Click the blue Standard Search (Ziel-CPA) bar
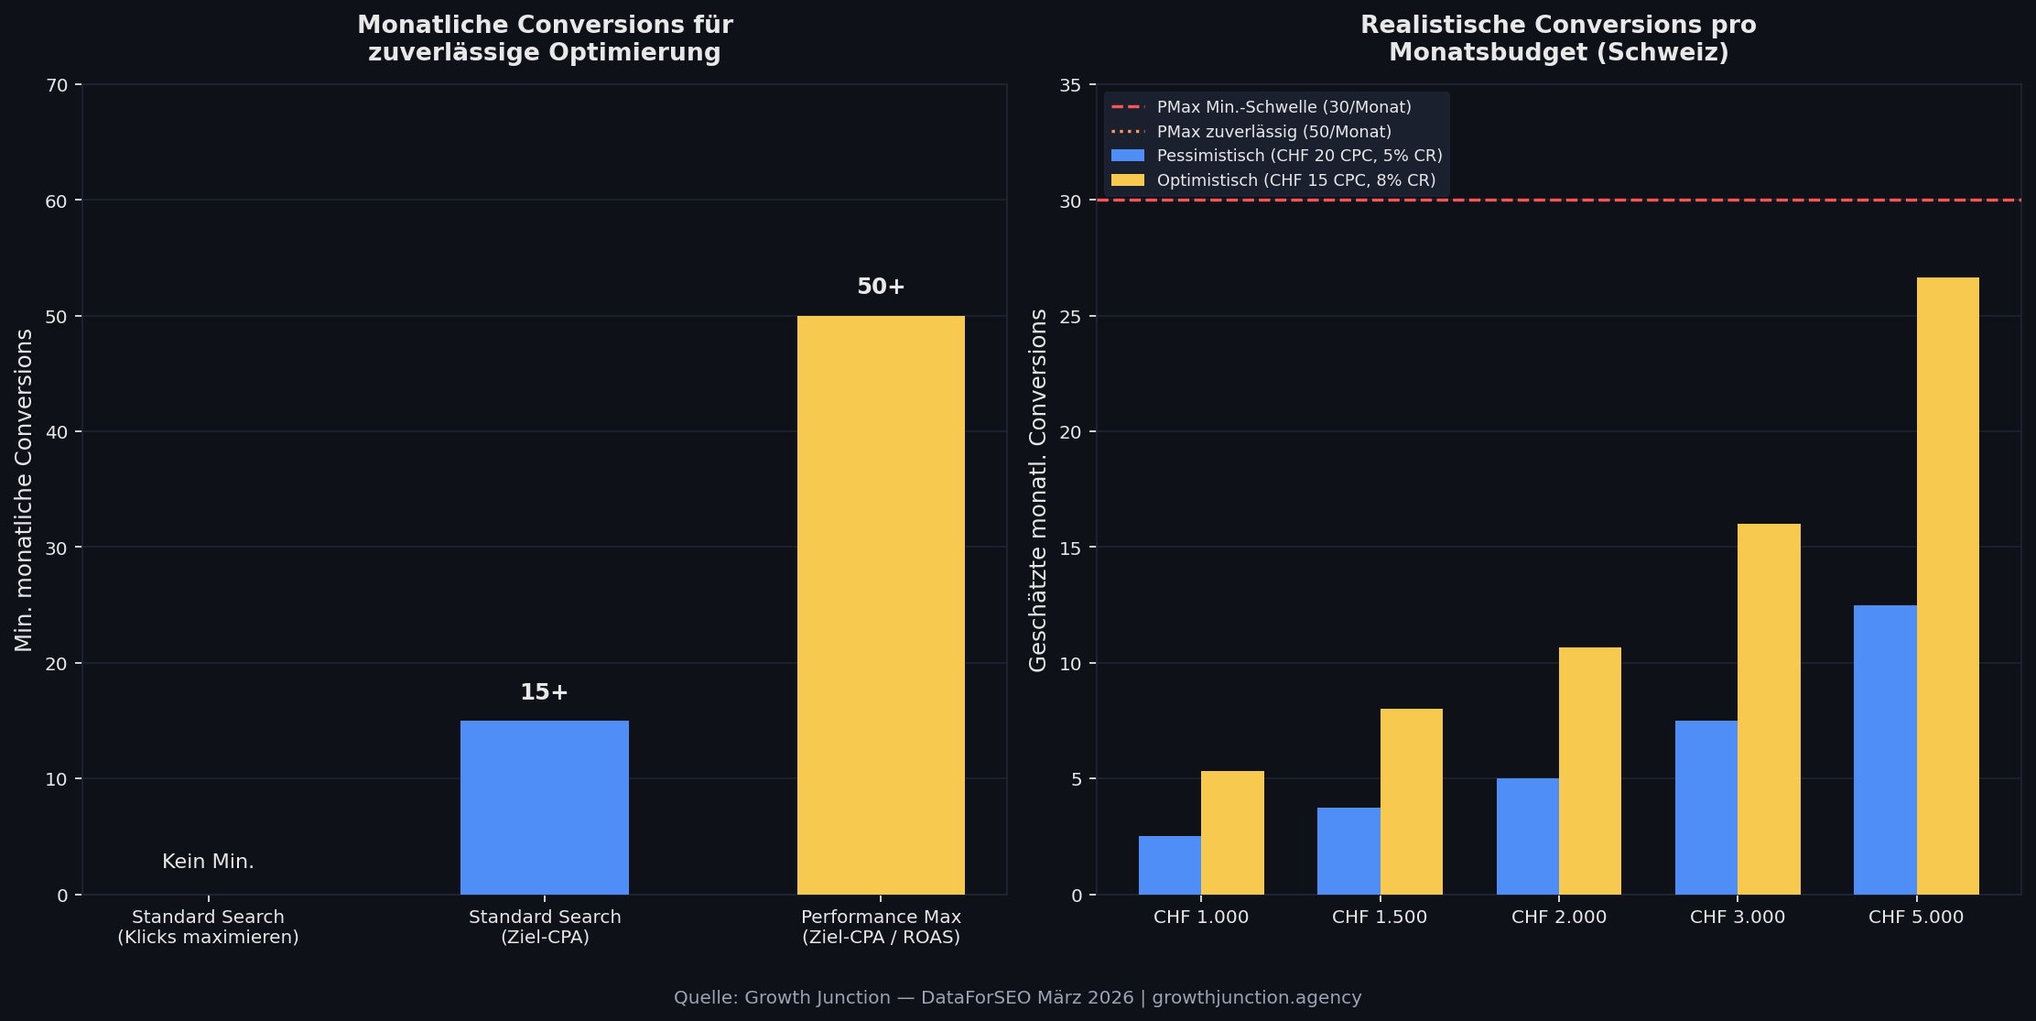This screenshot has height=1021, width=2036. click(544, 807)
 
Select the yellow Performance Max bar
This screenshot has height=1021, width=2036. click(880, 604)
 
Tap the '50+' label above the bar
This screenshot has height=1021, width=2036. click(880, 287)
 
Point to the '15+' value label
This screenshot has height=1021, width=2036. click(544, 692)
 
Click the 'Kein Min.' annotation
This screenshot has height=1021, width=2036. click(208, 862)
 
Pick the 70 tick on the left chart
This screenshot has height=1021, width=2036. click(57, 85)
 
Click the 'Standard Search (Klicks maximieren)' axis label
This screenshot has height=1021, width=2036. click(208, 927)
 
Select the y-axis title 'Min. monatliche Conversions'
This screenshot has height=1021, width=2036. click(24, 490)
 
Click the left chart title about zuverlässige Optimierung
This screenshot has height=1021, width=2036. click(544, 38)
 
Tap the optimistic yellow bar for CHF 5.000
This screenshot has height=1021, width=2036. click(1947, 586)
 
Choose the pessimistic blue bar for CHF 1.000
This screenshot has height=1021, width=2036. click(1169, 864)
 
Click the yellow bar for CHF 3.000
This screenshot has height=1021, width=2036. click(1768, 709)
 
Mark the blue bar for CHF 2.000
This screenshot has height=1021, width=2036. click(1527, 836)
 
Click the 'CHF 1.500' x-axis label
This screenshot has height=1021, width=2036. click(1379, 917)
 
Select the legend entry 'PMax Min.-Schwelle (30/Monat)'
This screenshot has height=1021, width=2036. click(1283, 107)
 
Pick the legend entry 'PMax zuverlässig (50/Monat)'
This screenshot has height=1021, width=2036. click(1273, 132)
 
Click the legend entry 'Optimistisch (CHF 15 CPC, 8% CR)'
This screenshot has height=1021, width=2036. click(1295, 180)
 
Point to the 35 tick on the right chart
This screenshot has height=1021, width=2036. click(1069, 85)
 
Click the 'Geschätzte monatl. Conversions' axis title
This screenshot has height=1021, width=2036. click(1038, 490)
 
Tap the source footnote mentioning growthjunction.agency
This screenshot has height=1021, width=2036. click(1017, 997)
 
